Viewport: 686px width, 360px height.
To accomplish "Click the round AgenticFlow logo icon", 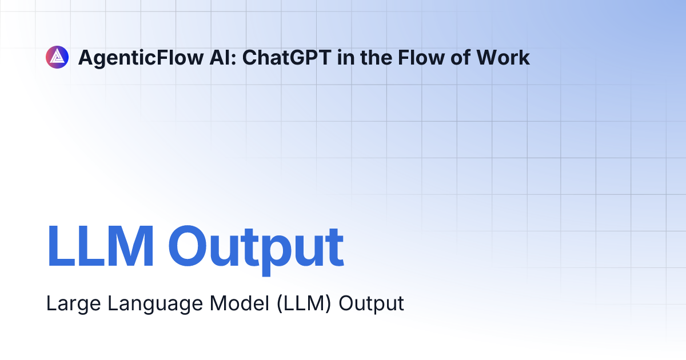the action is click(x=57, y=57).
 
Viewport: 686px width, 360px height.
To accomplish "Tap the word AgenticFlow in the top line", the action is click(x=141, y=58).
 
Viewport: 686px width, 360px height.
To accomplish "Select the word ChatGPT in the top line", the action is click(x=286, y=57).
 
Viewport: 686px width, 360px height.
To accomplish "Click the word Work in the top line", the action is click(x=503, y=57).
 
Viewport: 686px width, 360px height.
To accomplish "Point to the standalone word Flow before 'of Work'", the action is click(x=421, y=57).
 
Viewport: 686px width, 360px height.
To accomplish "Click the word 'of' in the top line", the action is click(x=460, y=57).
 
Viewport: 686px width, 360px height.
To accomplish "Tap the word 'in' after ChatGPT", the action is click(x=346, y=57).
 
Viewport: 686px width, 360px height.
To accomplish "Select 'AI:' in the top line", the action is click(x=223, y=57).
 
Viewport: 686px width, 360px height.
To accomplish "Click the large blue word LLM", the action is click(x=100, y=246).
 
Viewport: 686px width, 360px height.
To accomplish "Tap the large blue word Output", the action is click(x=256, y=250).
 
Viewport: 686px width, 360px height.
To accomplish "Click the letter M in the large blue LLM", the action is click(x=131, y=246).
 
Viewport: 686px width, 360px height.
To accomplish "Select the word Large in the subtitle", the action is click(x=74, y=303).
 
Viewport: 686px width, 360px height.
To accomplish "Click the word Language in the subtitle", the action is click(x=155, y=303).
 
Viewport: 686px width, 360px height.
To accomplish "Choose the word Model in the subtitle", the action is click(x=240, y=303).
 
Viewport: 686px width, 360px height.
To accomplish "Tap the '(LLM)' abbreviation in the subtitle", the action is click(x=304, y=303).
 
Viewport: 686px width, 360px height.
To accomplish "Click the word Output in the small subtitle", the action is click(x=371, y=303).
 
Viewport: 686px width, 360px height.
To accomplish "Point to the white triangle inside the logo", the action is click(x=57, y=57).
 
